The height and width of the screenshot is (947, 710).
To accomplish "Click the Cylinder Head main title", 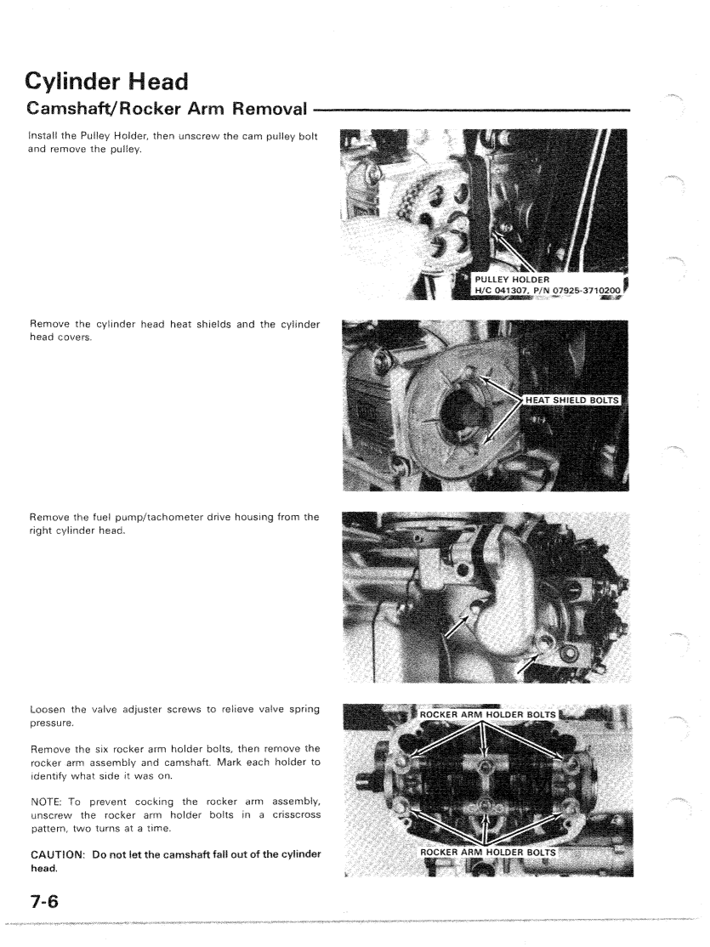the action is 107,82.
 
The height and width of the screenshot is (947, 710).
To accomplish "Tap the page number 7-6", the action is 45,902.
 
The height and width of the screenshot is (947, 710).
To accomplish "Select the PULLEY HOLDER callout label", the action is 512,280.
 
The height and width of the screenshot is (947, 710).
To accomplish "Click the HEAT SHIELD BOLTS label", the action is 571,400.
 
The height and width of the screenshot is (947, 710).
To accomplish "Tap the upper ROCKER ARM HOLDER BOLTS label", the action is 487,714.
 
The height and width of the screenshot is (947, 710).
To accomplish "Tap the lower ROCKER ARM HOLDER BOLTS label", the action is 487,852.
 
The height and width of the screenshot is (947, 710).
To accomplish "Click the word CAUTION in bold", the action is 57,854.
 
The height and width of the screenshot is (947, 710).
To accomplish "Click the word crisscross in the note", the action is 297,814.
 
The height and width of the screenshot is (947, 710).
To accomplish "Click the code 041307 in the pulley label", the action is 511,290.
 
